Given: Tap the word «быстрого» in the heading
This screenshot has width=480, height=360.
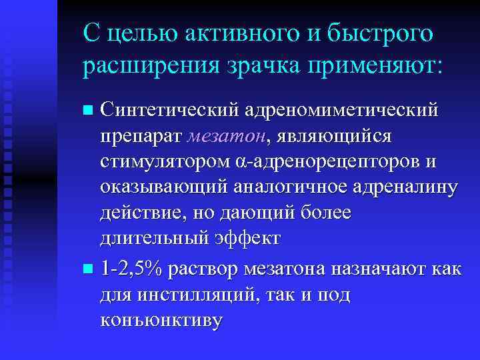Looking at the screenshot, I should tap(379, 33).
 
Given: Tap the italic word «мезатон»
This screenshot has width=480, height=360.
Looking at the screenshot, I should tap(226, 135).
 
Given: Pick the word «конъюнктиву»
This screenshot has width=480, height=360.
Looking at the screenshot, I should tap(161, 321).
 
